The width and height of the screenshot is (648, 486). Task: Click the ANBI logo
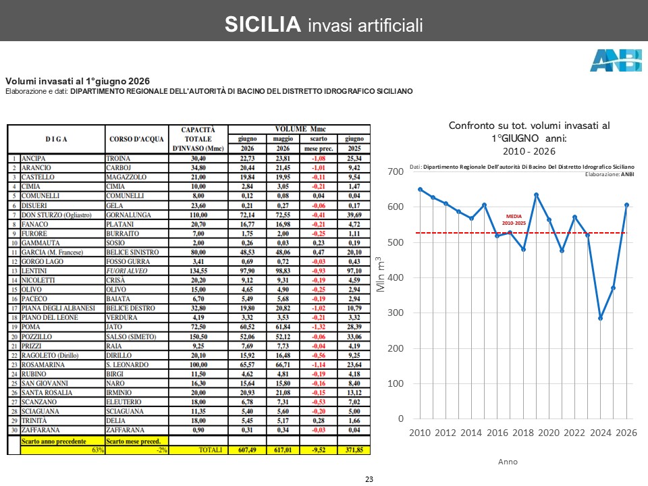point(616,60)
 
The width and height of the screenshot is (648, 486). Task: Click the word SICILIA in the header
point(263,24)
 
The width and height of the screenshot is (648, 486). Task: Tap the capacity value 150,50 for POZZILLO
point(198,336)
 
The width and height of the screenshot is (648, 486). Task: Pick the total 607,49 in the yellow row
point(247,450)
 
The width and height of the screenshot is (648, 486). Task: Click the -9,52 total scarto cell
point(318,450)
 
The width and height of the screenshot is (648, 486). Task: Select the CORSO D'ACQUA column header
point(136,139)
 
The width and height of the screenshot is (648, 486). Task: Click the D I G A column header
point(56,139)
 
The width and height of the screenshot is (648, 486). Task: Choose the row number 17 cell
point(14,308)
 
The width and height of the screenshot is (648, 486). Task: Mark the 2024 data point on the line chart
point(601,318)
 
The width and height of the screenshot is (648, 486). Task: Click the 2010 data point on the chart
point(421,189)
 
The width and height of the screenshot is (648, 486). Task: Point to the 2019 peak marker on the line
point(536,194)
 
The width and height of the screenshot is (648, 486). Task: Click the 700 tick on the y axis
point(396,171)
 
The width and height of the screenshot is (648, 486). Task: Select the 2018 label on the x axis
point(523,433)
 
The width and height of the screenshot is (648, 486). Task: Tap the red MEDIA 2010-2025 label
point(514,219)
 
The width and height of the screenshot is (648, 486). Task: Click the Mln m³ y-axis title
point(380,275)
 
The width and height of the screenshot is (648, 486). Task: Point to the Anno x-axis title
point(508,462)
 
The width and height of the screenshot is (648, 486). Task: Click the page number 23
point(369,479)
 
